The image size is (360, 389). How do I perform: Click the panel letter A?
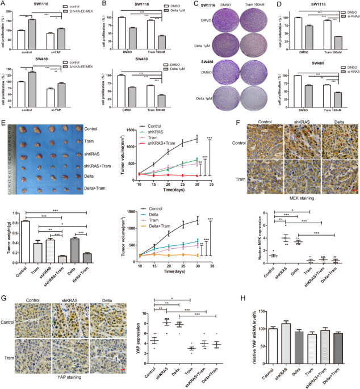click(5, 5)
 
